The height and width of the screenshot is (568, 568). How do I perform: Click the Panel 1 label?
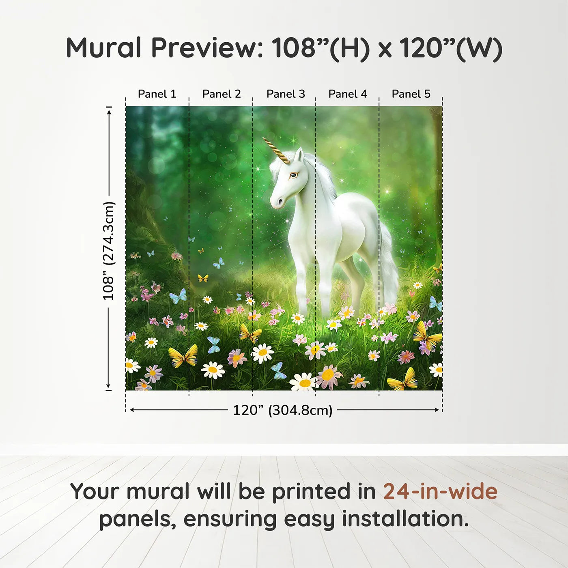pyautogui.click(x=157, y=94)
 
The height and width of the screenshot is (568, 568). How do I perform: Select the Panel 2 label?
pyautogui.click(x=222, y=94)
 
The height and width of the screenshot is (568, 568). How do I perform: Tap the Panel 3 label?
pyautogui.click(x=286, y=94)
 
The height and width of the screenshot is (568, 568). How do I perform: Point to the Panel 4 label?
pyautogui.click(x=348, y=94)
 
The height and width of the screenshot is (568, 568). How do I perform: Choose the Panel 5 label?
pyautogui.click(x=411, y=94)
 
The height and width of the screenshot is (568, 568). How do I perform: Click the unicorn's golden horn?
pyautogui.click(x=276, y=151)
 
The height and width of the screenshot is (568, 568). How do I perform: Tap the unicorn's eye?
pyautogui.click(x=293, y=175)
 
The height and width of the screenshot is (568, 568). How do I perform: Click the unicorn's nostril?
pyautogui.click(x=280, y=202)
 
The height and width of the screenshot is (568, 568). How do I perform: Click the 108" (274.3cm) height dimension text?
pyautogui.click(x=108, y=251)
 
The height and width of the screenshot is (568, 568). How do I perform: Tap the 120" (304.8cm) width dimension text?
pyautogui.click(x=283, y=410)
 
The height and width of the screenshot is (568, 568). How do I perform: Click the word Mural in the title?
pyautogui.click(x=104, y=48)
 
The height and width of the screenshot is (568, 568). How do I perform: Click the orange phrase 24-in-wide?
pyautogui.click(x=440, y=491)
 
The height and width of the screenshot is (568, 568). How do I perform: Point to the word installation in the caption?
pyautogui.click(x=405, y=519)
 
